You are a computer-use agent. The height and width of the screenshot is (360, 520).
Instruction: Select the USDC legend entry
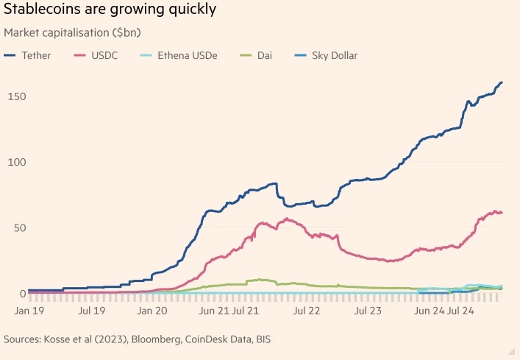[x=104, y=55]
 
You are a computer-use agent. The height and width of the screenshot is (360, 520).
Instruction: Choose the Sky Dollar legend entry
[x=331, y=55]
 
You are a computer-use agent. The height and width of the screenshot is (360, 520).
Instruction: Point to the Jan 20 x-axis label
[x=154, y=311]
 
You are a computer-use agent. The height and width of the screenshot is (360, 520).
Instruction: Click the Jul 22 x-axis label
[x=307, y=311]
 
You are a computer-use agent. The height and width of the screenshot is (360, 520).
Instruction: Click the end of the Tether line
[x=502, y=82]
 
